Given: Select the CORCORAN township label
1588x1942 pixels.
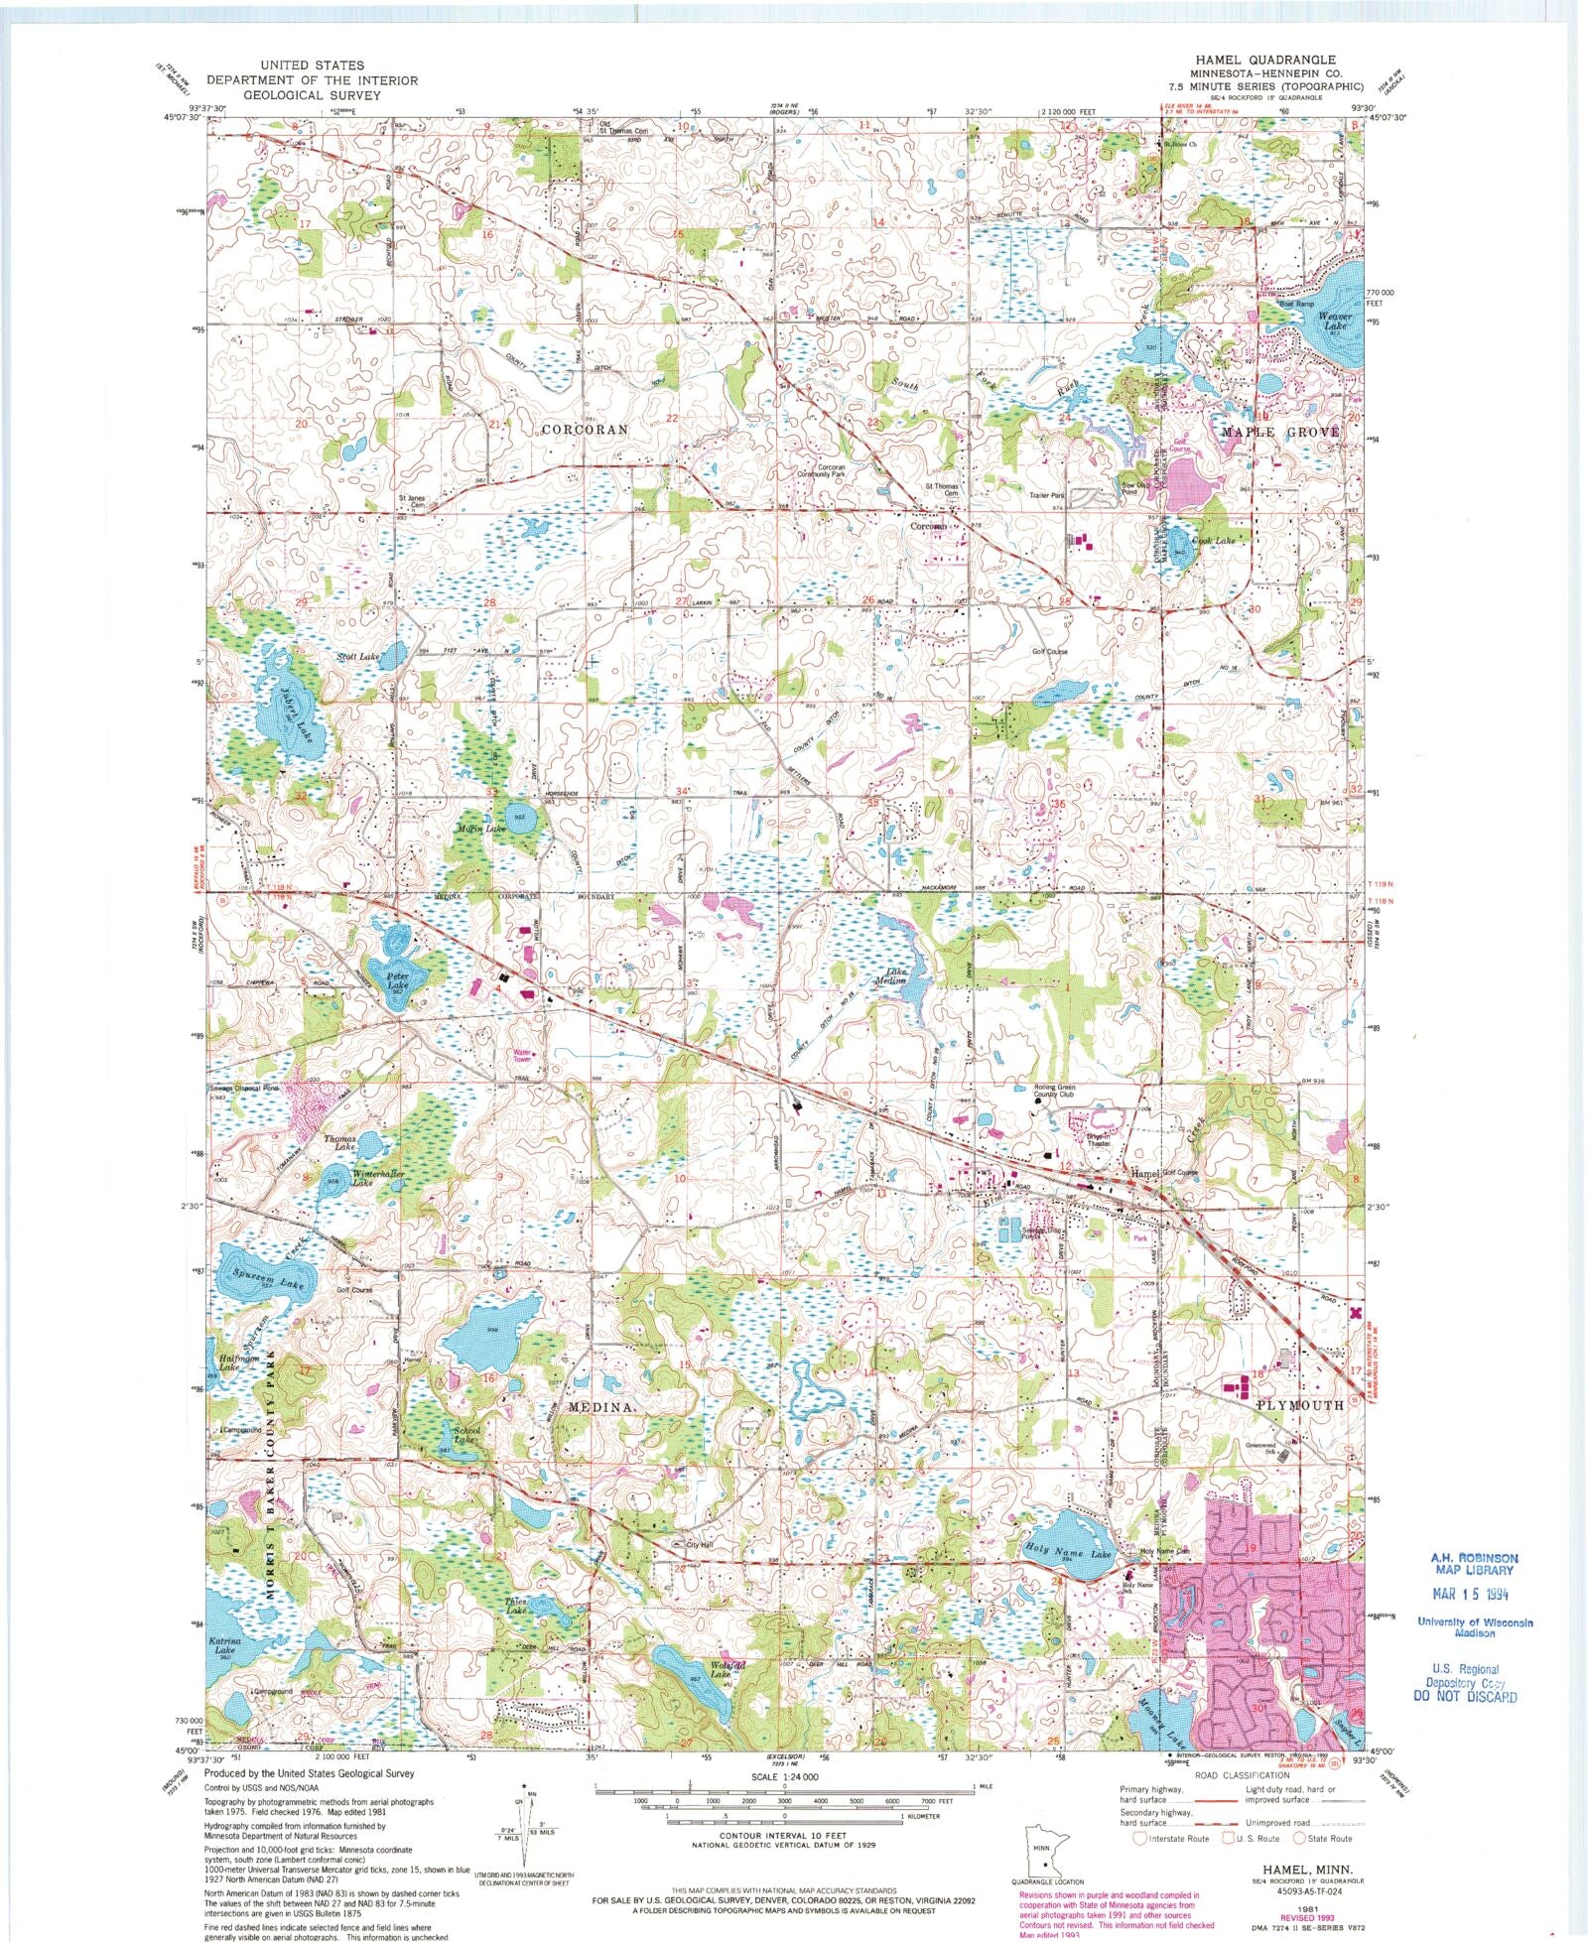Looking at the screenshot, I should coord(585,429).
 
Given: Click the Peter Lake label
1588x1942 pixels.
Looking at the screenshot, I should coord(397,980).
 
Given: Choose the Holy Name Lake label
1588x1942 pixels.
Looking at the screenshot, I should coord(1068,1552).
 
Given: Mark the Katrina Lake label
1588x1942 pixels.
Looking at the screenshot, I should coord(224,1647).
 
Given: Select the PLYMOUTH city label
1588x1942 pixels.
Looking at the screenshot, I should coord(1299,1405).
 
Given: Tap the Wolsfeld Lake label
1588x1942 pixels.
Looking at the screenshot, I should coord(727,1669).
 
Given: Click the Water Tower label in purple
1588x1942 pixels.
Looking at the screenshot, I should coord(521,1056).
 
